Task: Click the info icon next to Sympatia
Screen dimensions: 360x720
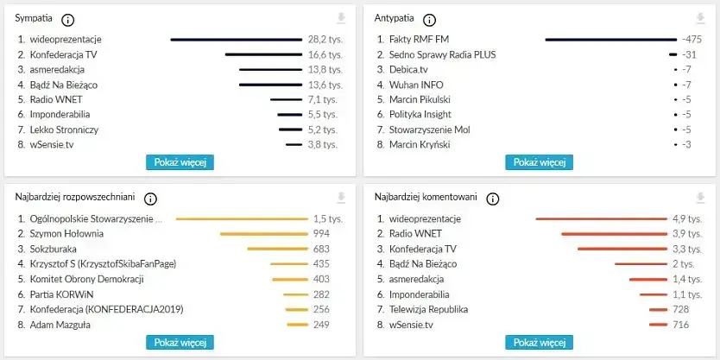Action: (x=69, y=20)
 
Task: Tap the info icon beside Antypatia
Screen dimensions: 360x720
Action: (x=430, y=20)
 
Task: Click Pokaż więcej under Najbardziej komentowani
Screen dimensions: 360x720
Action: (x=539, y=343)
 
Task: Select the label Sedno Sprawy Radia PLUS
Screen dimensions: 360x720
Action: (x=442, y=54)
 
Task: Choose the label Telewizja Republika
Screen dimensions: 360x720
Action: (x=428, y=309)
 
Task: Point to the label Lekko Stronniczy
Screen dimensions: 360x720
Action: (x=64, y=129)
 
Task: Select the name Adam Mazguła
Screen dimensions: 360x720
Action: (x=60, y=325)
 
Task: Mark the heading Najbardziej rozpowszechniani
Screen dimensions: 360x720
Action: (x=76, y=198)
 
